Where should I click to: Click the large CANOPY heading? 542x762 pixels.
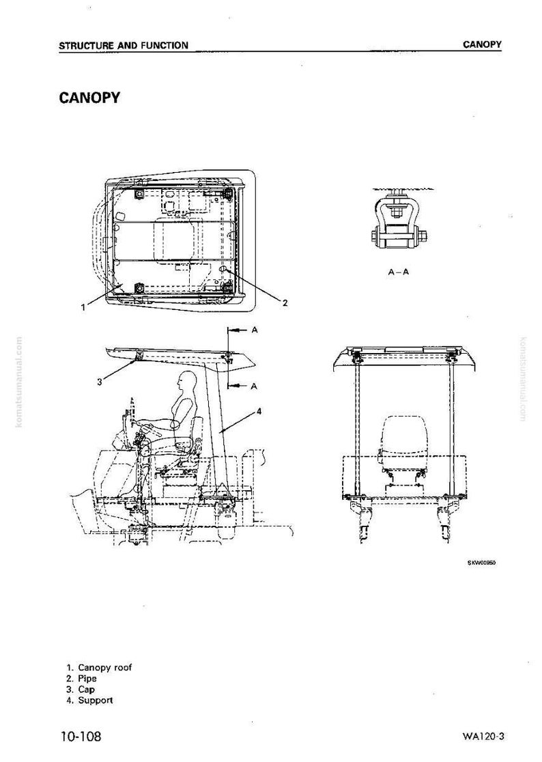click(x=89, y=98)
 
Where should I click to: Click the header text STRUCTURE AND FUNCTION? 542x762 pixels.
click(x=124, y=46)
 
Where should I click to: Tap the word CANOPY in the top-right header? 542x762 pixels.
click(x=482, y=44)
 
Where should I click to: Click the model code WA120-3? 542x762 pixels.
click(x=484, y=736)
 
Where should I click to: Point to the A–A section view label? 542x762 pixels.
click(x=398, y=272)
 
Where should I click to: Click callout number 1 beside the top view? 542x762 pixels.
click(x=83, y=307)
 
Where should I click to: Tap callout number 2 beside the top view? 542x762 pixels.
click(x=285, y=302)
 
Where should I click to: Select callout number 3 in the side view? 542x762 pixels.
click(x=100, y=382)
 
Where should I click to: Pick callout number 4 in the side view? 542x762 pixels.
click(x=259, y=411)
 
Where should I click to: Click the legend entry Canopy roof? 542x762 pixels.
click(x=99, y=668)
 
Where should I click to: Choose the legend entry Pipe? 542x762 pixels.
click(x=82, y=679)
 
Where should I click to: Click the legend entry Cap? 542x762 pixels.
click(x=81, y=689)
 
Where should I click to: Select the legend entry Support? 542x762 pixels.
click(x=90, y=701)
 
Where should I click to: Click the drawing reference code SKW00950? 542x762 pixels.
click(x=481, y=563)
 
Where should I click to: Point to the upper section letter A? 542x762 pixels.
click(x=255, y=330)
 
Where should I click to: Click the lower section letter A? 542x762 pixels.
click(x=253, y=386)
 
